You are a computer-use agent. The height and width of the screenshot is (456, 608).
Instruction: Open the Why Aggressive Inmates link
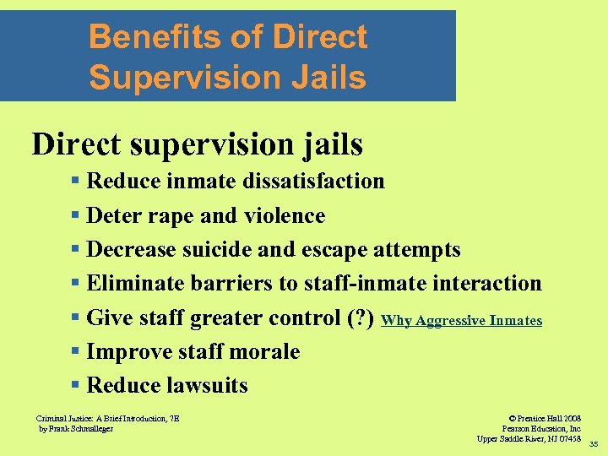[461, 321]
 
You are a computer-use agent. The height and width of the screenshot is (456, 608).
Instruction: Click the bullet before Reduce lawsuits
[76, 386]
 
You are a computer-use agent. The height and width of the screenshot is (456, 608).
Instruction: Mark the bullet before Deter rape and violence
[76, 217]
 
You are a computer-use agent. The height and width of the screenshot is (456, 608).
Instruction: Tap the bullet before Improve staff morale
[76, 352]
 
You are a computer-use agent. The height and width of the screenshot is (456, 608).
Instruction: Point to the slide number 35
[593, 444]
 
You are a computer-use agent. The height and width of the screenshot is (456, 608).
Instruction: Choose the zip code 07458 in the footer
[568, 438]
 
